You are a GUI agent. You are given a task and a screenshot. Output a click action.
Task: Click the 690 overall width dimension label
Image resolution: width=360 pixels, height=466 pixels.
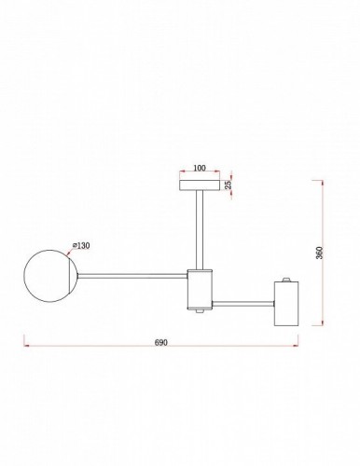coord(160,343)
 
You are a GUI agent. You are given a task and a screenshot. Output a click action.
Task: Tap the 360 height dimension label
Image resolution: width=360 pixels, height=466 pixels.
coord(319,253)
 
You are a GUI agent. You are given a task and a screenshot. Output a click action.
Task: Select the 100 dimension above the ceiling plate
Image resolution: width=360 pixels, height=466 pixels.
coord(200,168)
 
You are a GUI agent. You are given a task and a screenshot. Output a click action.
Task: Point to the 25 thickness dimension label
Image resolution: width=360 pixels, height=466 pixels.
coord(228,185)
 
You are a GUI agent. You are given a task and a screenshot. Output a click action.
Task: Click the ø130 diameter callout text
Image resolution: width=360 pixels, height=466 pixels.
coord(81,245)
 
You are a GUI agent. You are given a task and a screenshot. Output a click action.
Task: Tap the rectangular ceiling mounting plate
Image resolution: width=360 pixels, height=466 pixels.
coord(200,185)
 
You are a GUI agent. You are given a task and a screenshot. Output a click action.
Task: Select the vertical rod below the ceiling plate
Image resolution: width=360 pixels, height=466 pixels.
coord(200,229)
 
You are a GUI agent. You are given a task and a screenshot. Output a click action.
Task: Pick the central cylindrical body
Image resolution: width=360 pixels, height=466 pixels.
coord(200,289)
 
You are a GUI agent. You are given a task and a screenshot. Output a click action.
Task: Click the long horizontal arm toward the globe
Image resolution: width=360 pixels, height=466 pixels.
coord(132,276)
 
